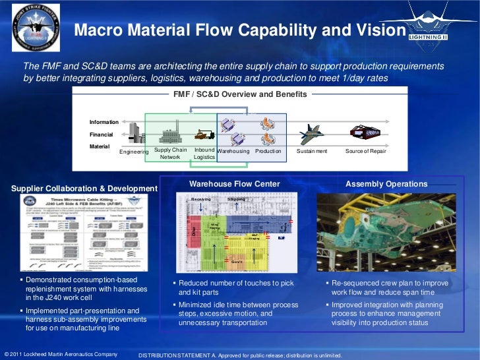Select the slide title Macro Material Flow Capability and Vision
[239, 30]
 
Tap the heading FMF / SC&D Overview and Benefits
[240, 94]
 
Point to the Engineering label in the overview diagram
[134, 152]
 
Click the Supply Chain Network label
[170, 154]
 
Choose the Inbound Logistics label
[205, 154]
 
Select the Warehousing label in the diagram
[233, 151]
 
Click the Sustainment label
[312, 151]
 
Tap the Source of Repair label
[365, 151]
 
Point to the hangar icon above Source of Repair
[364, 131]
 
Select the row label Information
[104, 122]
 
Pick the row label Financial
[102, 134]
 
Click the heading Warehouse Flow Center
[234, 184]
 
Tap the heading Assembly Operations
[386, 184]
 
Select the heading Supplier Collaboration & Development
[85, 189]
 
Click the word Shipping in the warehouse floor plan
[236, 198]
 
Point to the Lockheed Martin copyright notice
[61, 354]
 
